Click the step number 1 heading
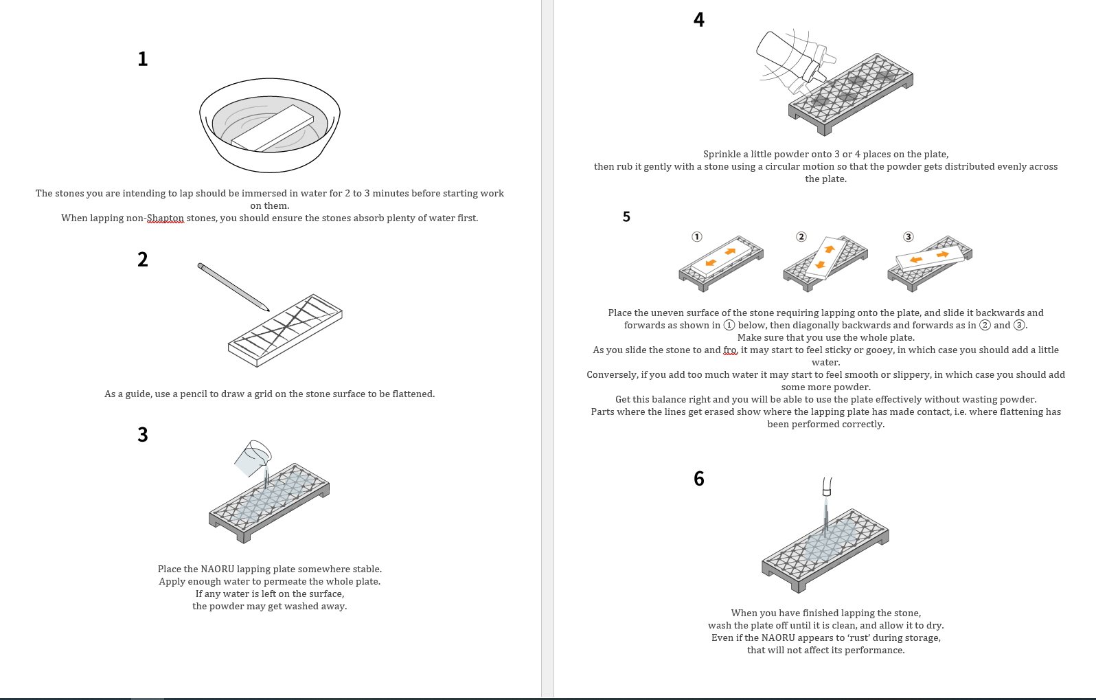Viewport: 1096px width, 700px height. (142, 59)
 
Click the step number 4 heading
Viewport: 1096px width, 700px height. (698, 20)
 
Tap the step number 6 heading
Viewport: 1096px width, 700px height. (698, 479)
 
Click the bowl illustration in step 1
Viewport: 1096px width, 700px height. (270, 127)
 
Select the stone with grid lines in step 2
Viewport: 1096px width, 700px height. (285, 330)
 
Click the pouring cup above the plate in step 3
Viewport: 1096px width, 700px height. (252, 458)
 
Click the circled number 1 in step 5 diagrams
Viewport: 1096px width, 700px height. (696, 236)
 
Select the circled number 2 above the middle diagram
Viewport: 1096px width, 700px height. (801, 236)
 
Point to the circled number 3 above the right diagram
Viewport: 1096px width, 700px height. (908, 236)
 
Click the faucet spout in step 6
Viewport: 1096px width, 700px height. (827, 487)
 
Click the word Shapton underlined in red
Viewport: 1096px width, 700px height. (165, 218)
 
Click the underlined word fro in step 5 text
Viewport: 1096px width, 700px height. (729, 350)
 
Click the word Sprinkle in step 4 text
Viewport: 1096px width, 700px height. (721, 154)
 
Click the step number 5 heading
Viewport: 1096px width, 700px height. (626, 217)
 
